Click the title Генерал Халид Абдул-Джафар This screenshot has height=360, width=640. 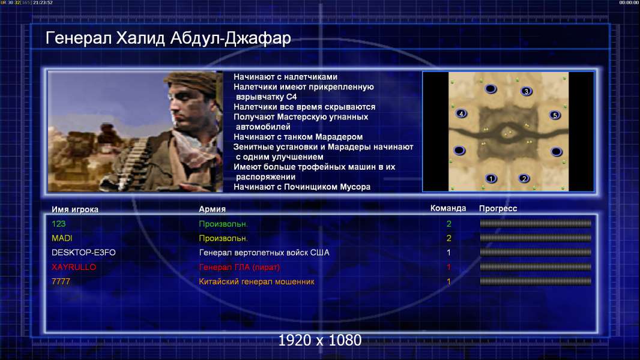tap(168, 38)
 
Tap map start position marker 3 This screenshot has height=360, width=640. tap(527, 91)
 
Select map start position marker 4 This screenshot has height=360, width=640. tap(461, 113)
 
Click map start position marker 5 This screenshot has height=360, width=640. tap(555, 115)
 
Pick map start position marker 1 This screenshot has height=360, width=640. tap(491, 178)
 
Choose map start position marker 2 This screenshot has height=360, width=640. tap(524, 178)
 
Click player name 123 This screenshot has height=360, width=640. tap(58, 224)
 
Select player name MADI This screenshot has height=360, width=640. tap(62, 238)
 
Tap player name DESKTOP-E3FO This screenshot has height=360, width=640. tap(83, 253)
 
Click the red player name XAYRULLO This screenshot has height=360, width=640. tap(74, 267)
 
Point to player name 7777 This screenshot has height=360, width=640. tap(61, 282)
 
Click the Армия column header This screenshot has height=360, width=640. tap(213, 209)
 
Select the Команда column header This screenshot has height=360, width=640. tap(448, 208)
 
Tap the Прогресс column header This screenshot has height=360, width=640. tap(498, 209)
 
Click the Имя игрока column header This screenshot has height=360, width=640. tap(75, 209)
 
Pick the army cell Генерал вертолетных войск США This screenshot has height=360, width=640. tap(264, 253)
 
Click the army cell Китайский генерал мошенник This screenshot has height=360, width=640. tap(257, 282)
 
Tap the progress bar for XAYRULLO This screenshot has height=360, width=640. tap(536, 267)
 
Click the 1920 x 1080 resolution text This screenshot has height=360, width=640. tap(320, 340)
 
